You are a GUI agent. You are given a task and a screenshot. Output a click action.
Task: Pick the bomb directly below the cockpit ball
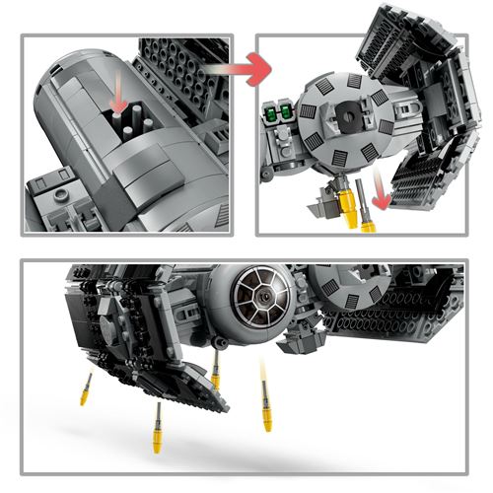pyautogui.click(x=216, y=372)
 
